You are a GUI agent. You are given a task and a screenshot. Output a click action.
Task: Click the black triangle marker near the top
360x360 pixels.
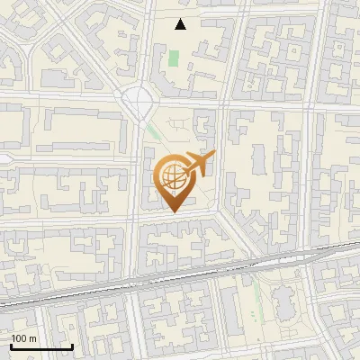[181, 24]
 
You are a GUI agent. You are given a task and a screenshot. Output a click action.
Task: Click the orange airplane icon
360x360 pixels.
[199, 164]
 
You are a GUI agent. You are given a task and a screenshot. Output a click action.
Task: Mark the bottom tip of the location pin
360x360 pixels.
[173, 212]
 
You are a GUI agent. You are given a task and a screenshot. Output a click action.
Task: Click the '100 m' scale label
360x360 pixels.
[24, 338]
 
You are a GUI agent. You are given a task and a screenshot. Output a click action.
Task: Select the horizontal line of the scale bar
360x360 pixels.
[41, 347]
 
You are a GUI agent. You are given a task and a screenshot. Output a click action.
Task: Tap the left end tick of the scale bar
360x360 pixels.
[11, 346]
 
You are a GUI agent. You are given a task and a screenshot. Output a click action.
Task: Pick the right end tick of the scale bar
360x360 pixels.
[72, 346]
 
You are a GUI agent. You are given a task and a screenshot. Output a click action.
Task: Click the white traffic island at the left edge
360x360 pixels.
[4, 157]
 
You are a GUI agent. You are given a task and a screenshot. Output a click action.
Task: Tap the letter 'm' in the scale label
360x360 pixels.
[32, 338]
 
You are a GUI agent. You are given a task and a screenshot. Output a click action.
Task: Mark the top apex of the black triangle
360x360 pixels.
[181, 19]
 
